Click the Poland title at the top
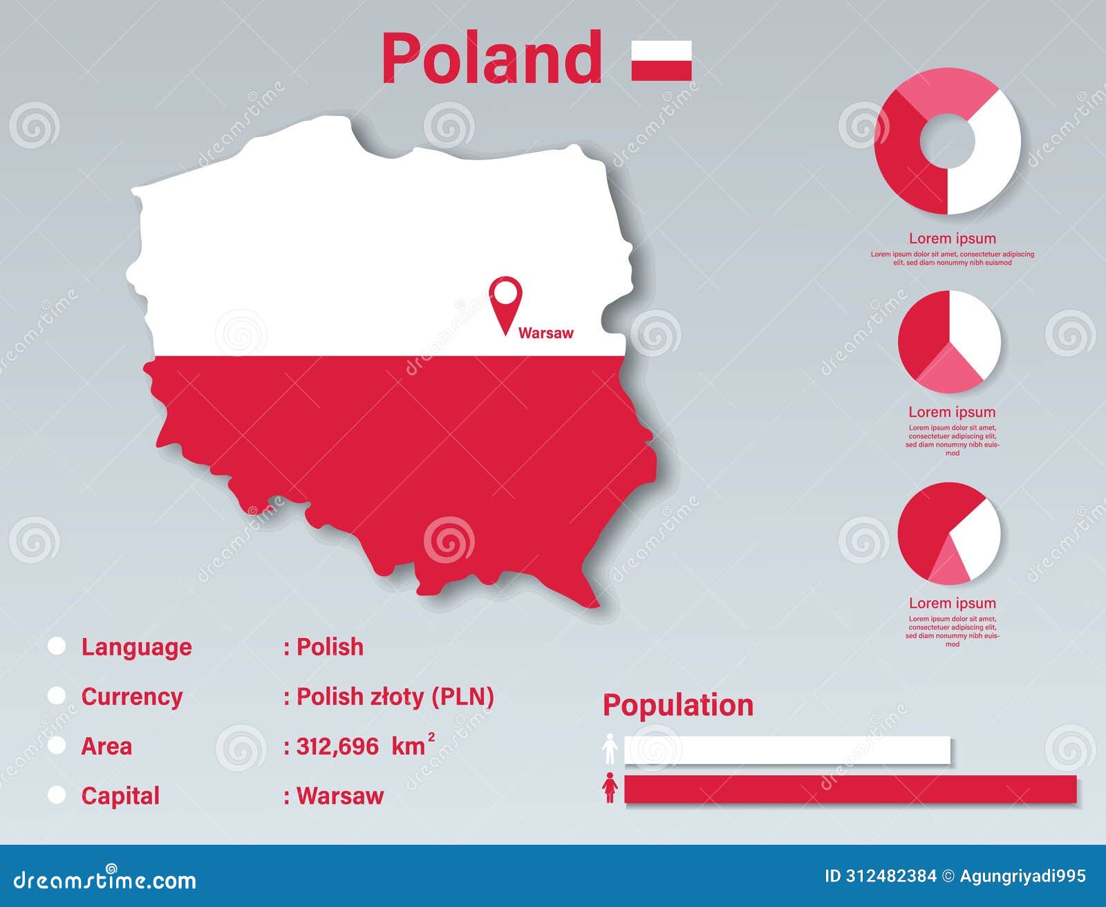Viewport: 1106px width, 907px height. (491, 59)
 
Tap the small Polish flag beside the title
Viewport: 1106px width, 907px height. (661, 61)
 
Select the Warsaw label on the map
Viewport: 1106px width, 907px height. (545, 333)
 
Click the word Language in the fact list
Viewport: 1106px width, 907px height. (136, 647)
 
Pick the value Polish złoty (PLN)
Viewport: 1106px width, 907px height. (394, 697)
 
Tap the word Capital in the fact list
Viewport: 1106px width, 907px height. (120, 796)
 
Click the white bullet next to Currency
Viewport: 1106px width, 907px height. (57, 695)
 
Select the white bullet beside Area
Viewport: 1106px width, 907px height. (57, 745)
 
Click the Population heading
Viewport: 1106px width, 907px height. (678, 705)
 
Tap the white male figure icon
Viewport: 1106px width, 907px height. (610, 749)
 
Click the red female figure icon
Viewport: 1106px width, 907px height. (610, 788)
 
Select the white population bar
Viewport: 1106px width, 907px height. (787, 751)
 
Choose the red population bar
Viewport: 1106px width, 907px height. (850, 789)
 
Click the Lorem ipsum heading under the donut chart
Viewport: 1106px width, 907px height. (952, 239)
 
